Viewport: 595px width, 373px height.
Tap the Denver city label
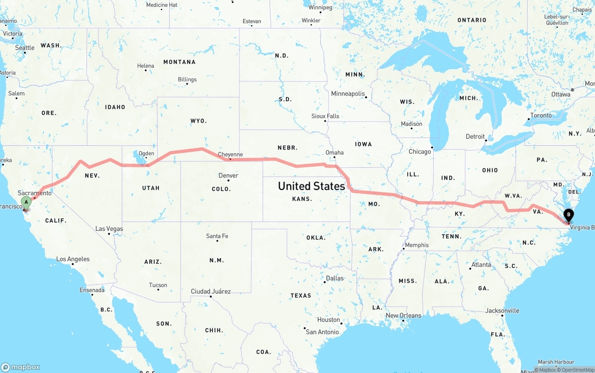click(228, 176)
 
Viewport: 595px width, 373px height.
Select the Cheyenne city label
click(230, 154)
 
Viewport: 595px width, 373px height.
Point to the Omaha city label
click(335, 152)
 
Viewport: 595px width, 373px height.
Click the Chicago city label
click(419, 151)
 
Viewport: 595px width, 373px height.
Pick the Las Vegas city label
click(109, 229)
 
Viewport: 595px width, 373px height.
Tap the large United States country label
click(311, 186)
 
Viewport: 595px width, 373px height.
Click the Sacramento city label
click(35, 193)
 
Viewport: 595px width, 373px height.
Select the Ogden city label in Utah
click(146, 153)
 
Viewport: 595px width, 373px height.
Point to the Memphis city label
click(416, 245)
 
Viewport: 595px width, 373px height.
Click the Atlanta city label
click(481, 264)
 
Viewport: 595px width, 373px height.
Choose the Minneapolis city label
click(348, 93)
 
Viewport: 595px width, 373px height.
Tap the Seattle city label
click(25, 47)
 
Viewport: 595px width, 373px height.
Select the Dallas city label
click(335, 278)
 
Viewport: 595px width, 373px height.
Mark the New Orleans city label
click(403, 315)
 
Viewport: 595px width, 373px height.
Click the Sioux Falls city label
click(325, 116)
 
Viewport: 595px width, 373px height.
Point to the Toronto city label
click(541, 115)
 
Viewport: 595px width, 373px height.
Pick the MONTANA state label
click(179, 62)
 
